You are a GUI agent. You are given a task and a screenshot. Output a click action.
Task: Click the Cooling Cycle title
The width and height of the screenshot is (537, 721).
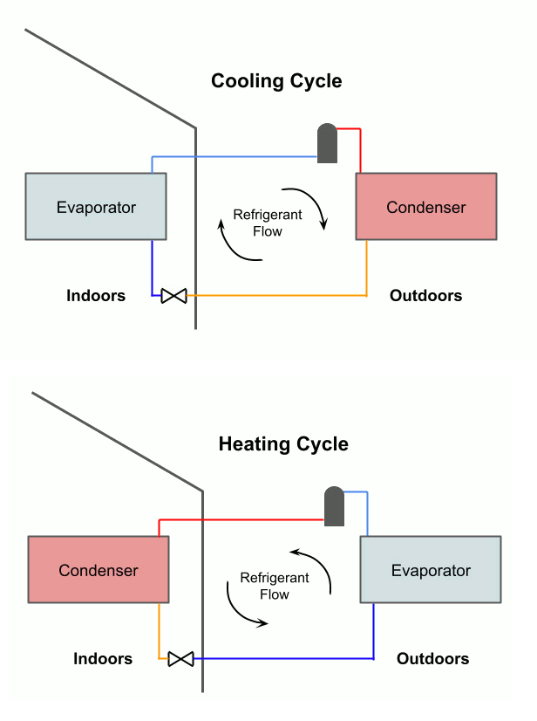276,81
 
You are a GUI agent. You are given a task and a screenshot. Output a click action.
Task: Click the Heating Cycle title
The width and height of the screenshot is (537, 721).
283,443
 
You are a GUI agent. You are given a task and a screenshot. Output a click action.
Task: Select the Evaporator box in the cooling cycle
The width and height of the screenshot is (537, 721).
96,207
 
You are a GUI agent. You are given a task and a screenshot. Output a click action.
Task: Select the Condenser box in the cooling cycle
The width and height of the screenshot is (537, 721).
426,207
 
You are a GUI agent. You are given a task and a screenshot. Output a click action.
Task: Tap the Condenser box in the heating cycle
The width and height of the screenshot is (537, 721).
99,570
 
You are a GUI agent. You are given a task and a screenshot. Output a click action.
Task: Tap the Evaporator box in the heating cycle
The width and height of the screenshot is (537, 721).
431,570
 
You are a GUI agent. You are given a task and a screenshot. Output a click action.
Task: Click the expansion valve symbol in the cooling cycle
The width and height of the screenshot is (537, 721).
174,296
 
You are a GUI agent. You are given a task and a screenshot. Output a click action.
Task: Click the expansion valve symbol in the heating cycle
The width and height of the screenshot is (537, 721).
181,658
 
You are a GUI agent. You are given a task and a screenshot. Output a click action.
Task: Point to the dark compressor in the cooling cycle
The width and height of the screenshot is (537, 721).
327,143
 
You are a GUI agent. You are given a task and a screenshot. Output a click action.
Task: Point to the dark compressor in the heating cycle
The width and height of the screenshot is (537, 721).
334,506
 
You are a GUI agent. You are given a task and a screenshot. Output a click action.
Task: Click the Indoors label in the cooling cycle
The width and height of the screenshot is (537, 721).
96,295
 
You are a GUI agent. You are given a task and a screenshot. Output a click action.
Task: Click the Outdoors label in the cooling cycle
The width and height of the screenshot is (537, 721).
425,295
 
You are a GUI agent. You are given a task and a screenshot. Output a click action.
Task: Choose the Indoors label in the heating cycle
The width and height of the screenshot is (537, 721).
103,658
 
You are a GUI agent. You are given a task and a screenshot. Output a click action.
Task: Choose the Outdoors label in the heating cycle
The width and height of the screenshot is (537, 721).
432,658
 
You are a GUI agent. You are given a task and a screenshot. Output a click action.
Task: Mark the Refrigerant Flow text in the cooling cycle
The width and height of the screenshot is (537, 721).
268,223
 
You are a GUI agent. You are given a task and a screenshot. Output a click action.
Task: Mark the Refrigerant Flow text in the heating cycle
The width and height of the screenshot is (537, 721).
275,586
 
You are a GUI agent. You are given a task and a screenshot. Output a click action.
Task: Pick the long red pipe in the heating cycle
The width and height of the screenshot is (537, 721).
244,519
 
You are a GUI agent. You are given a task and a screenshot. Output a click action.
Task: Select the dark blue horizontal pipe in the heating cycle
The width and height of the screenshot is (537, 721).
288,658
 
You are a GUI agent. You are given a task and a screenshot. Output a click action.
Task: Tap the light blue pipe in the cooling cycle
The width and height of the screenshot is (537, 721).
235,157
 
